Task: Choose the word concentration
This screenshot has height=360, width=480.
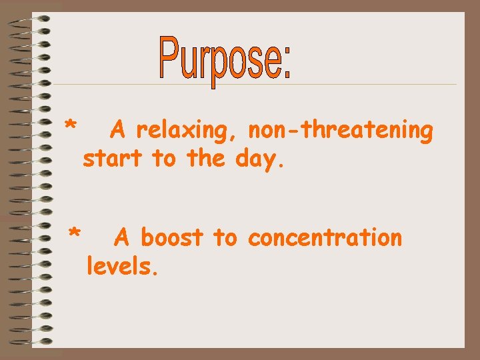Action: click(325, 237)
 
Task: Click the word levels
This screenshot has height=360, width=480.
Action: click(121, 267)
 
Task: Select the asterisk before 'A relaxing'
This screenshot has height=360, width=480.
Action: click(71, 126)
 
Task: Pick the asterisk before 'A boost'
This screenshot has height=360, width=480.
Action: click(75, 233)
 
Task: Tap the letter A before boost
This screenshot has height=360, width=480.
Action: click(123, 237)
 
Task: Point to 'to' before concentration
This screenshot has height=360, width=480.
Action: click(225, 238)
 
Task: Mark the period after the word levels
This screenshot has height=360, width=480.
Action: click(156, 273)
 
